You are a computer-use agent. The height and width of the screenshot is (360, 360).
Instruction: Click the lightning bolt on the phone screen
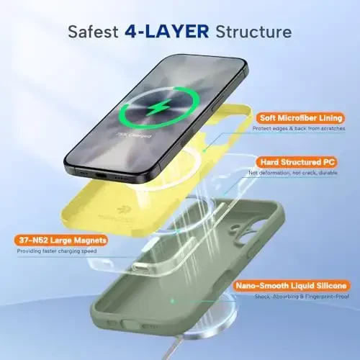(158, 109)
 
